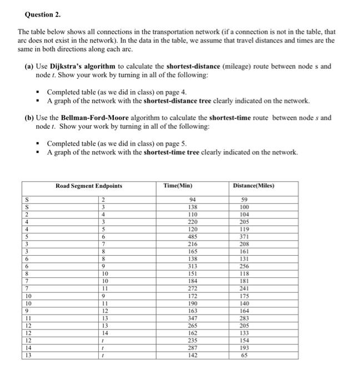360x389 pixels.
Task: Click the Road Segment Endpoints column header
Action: click(x=89, y=186)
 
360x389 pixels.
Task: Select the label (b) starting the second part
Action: click(x=29, y=118)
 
